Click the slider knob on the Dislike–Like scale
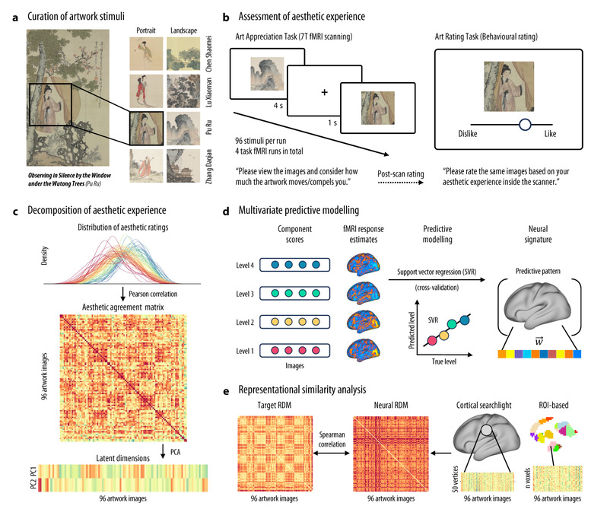click(x=525, y=125)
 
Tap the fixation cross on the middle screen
click(x=324, y=92)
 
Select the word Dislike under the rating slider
click(x=468, y=134)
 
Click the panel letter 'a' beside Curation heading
click(x=15, y=18)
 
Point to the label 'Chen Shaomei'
click(x=209, y=53)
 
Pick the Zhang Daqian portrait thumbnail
click(x=146, y=166)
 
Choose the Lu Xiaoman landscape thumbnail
click(x=183, y=91)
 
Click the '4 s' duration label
click(x=278, y=105)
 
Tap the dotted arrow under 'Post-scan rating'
click(x=401, y=183)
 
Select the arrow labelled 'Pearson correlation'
click(x=123, y=294)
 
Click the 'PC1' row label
click(x=33, y=471)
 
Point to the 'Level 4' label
click(x=245, y=266)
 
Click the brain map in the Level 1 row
click(x=363, y=350)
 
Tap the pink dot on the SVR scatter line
click(x=432, y=341)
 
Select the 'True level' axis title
click(x=444, y=361)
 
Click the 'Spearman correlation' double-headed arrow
click(x=332, y=453)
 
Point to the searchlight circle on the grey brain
click(x=487, y=430)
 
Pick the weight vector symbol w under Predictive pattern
click(x=539, y=341)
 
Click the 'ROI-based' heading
click(x=554, y=405)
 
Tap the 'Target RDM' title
click(x=274, y=405)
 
